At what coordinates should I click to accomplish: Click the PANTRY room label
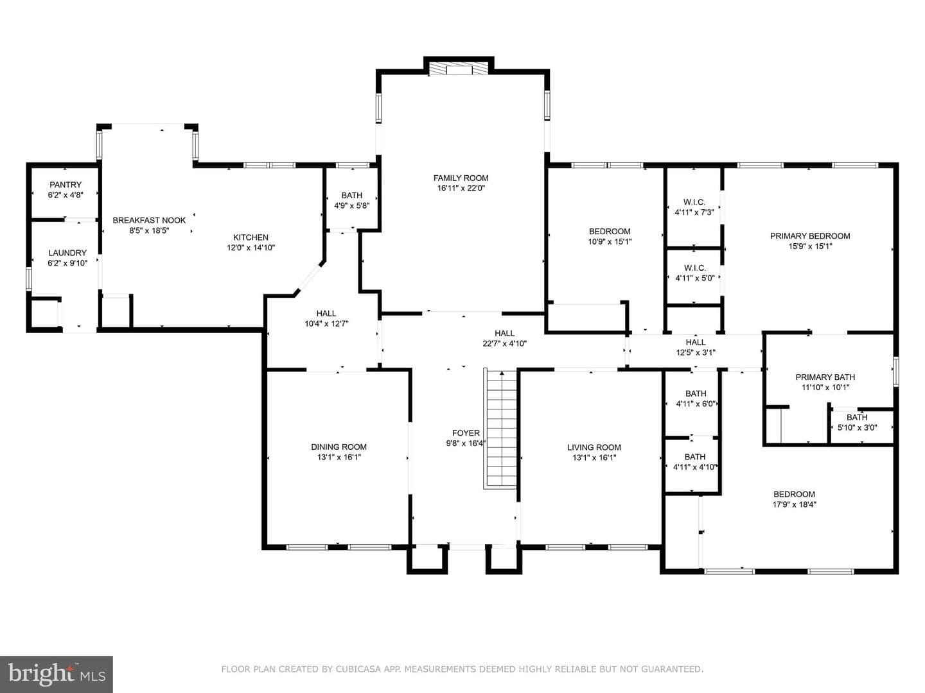tap(66, 185)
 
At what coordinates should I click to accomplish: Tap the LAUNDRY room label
tap(67, 253)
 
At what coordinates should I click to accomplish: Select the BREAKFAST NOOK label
tap(149, 220)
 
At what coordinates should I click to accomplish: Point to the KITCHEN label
tap(251, 237)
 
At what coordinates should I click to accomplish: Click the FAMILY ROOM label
tap(461, 178)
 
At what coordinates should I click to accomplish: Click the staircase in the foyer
tap(500, 429)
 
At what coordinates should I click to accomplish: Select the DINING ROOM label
tap(339, 447)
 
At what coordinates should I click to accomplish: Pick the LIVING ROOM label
tap(594, 447)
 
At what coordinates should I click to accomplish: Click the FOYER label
tap(466, 433)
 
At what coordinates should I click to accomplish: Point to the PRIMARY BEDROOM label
tap(810, 236)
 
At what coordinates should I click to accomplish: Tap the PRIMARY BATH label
tap(825, 377)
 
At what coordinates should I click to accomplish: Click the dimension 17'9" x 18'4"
tap(795, 504)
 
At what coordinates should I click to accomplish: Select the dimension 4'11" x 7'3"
tap(694, 212)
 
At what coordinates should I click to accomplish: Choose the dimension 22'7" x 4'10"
tap(504, 344)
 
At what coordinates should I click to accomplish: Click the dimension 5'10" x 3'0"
tap(857, 427)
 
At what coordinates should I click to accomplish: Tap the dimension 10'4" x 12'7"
tap(326, 324)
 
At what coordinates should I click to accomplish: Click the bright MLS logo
tap(57, 674)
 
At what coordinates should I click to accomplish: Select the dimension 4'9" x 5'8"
tap(352, 206)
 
